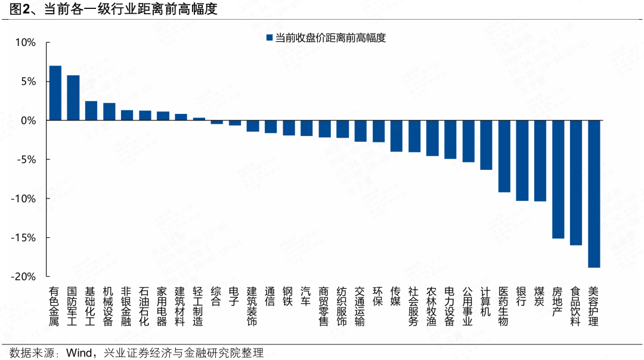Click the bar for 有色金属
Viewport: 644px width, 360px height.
55,93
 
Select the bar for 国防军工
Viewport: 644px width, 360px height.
73,98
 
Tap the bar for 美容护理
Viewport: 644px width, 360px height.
594,194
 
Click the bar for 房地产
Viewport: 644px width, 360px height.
558,179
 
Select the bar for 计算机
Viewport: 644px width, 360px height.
486,145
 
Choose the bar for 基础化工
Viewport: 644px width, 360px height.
91,111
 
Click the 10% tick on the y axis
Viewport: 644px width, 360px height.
26,42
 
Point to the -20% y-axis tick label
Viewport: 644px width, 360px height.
24,277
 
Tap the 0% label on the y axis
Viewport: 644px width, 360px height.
29,120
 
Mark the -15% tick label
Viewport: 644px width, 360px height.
24,238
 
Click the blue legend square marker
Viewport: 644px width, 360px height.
268,38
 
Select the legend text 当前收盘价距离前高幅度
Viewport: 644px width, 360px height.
330,38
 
